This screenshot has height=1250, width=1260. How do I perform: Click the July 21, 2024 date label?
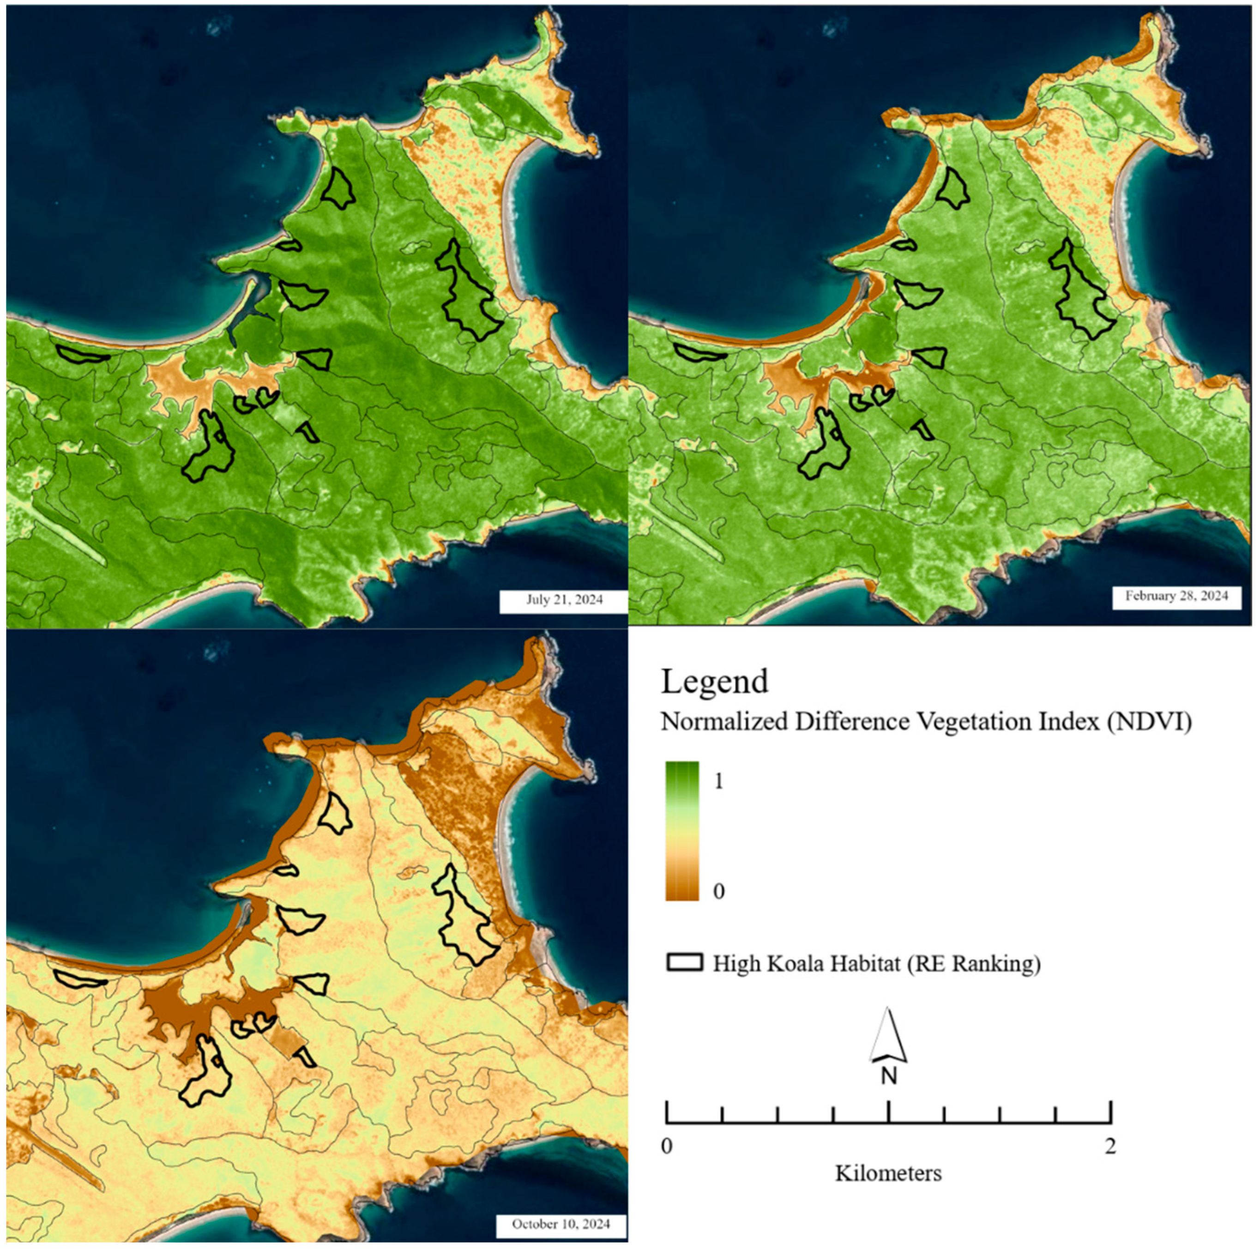coord(564,599)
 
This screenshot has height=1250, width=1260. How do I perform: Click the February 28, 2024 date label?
coord(1176,596)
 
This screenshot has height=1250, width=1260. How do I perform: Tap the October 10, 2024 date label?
coord(561,1223)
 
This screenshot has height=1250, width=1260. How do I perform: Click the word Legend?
coord(715,682)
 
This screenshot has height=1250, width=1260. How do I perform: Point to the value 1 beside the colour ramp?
coord(719,781)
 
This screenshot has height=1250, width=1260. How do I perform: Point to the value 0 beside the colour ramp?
coord(719,891)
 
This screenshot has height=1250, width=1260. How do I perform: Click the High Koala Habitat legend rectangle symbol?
coord(685,963)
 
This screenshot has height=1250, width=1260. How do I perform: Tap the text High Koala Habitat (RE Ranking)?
coord(876,964)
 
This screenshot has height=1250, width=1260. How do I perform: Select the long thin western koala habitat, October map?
coord(79,978)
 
